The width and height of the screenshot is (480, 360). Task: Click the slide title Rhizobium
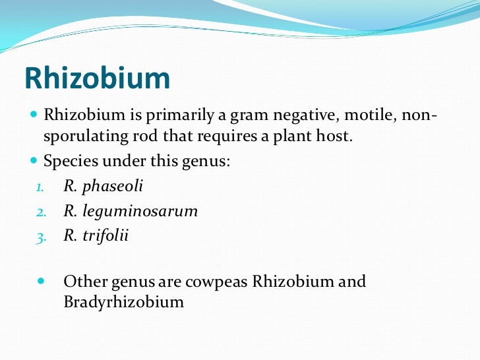[98, 78]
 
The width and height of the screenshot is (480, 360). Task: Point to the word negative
[297, 116]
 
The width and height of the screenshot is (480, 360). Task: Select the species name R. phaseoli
[103, 187]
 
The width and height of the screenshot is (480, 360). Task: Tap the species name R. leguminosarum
[131, 212]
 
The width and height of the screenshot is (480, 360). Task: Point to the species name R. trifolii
[96, 236]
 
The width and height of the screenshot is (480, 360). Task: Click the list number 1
[39, 187]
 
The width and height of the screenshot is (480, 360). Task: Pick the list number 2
[39, 212]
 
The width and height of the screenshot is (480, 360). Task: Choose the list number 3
[39, 237]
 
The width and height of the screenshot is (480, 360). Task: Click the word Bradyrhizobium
[123, 303]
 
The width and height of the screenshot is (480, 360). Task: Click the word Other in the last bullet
[82, 282]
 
